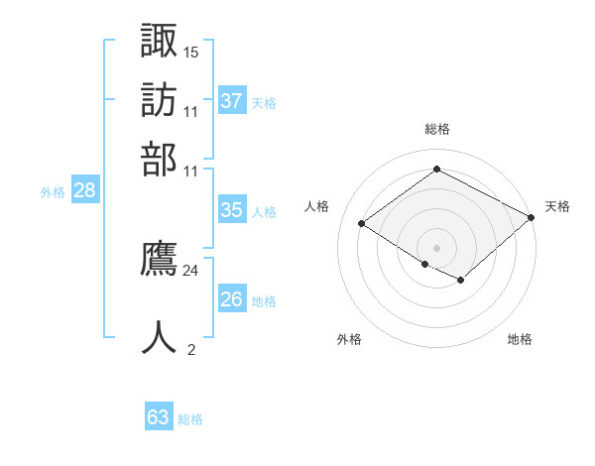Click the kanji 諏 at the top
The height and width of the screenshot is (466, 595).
click(159, 40)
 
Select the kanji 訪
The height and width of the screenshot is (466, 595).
click(159, 100)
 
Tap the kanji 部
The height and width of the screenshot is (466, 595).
click(159, 160)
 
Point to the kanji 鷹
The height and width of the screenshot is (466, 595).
click(159, 258)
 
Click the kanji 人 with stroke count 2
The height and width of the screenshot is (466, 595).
click(159, 337)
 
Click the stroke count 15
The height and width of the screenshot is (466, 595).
click(190, 53)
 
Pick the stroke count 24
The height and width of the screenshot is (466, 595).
click(190, 271)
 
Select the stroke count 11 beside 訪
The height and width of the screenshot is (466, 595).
click(190, 112)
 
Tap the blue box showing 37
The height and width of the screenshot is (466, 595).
click(232, 100)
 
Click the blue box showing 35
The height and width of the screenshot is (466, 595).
click(232, 209)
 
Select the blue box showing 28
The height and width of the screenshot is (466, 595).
click(85, 189)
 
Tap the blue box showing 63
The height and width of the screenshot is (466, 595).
click(159, 415)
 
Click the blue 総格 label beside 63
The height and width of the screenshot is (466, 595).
click(190, 419)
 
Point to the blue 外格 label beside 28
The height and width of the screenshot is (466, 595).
click(53, 192)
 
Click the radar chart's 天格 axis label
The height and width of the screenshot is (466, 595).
click(557, 206)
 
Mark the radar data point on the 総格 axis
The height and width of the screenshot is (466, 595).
click(436, 169)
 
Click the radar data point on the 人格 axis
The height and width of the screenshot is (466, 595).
click(362, 223)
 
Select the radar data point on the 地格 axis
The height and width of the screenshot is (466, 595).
click(461, 280)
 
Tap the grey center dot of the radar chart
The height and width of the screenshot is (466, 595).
click(436, 248)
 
